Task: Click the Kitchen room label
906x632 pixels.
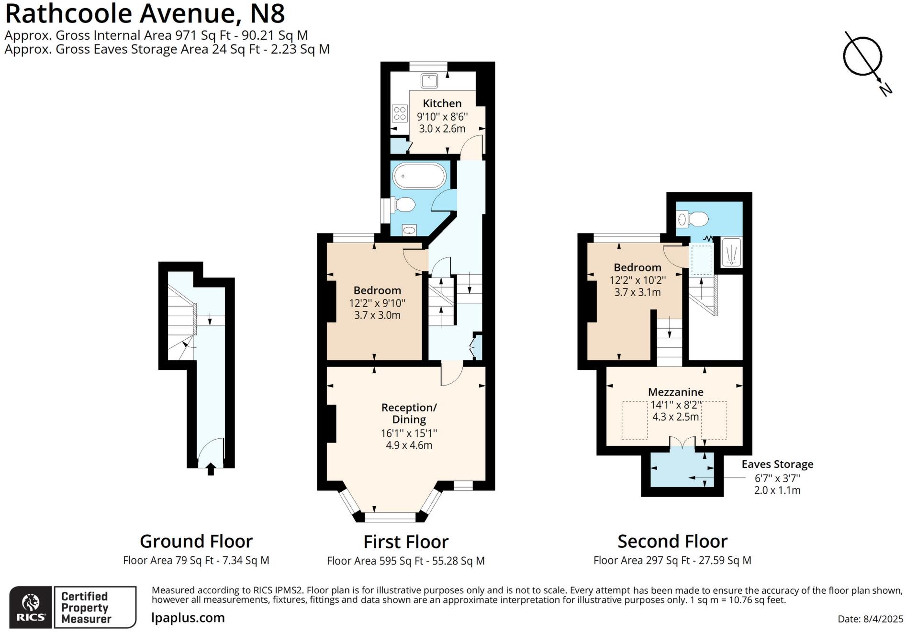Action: coord(442,103)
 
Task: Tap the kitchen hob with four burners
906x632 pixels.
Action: coord(400,113)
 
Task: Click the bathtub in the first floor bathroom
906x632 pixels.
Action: coord(419,176)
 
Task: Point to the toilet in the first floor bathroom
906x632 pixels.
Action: coord(403,205)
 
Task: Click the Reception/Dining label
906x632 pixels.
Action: coord(409,413)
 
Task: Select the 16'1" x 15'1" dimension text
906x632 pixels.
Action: coord(409,433)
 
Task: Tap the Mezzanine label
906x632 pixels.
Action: coord(675,392)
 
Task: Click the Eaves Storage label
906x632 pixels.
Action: coord(777,464)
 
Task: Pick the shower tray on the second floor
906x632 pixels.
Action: coord(731,252)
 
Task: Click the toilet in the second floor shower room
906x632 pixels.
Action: coord(694,219)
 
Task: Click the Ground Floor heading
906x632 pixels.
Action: coord(196,541)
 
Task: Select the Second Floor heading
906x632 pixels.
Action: coord(672,541)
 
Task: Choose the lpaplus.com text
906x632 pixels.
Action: coord(188,618)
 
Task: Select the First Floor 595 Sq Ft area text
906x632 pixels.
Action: coord(405,561)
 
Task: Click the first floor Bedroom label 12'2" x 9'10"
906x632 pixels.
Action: coord(377,302)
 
